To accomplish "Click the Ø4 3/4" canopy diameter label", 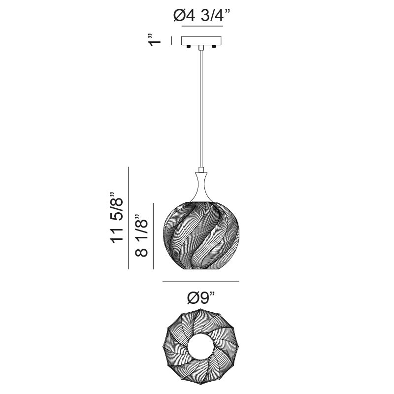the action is (x=202, y=16).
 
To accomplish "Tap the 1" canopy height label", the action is (x=154, y=39).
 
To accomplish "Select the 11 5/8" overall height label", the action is (x=117, y=218).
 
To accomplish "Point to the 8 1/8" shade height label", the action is (x=141, y=235).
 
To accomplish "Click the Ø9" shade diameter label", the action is (x=201, y=298).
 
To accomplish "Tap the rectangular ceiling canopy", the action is (x=201, y=41).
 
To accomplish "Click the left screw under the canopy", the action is (x=188, y=46).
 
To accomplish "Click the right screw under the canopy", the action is (x=214, y=46).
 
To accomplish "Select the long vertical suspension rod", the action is (x=201, y=108).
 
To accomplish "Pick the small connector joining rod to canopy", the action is (x=201, y=47).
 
